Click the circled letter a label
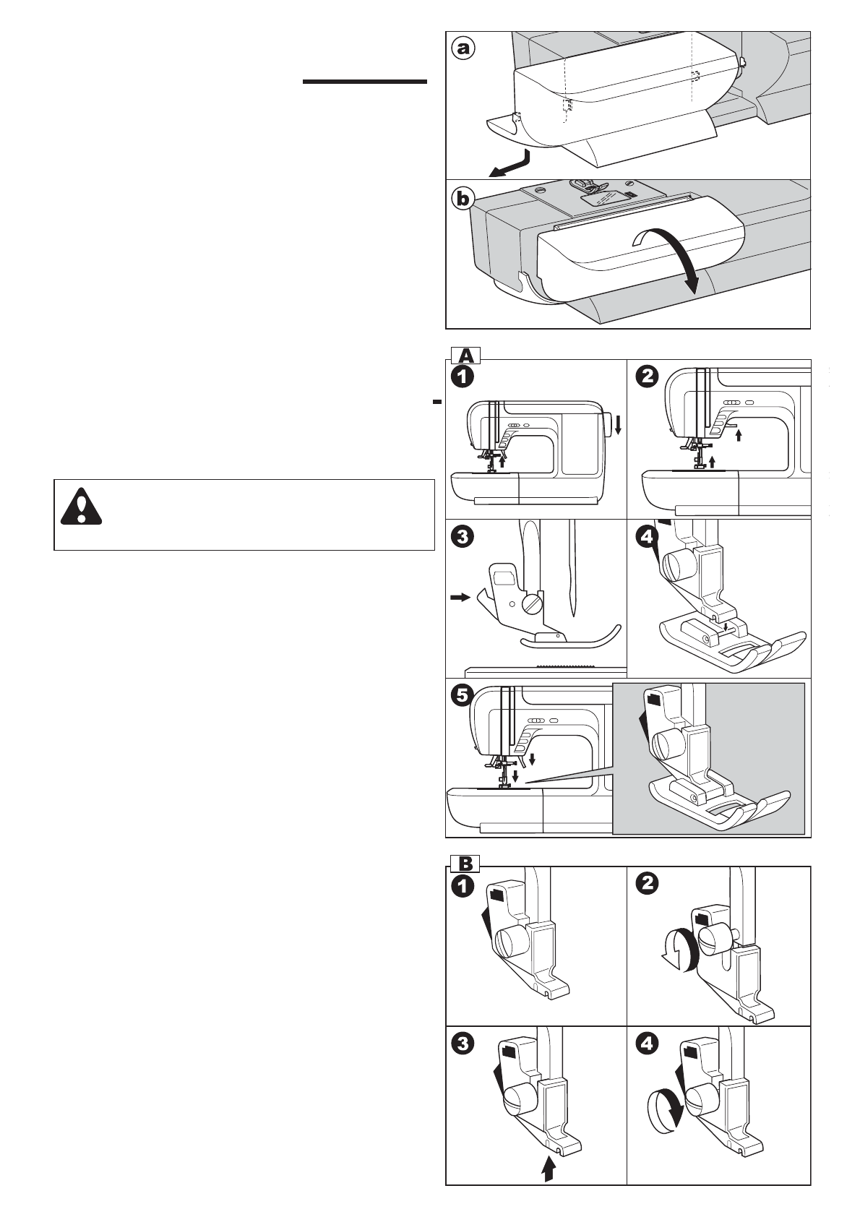coord(463,48)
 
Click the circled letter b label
coord(464,198)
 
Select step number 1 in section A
coord(463,377)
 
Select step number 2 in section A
coord(648,377)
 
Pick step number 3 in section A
coord(463,537)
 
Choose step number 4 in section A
coord(648,537)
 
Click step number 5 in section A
coord(463,695)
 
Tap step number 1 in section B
coord(463,885)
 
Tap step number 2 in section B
coord(648,885)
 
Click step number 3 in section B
coord(463,1044)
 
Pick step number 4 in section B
coord(648,1044)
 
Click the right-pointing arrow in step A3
coord(459,598)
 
